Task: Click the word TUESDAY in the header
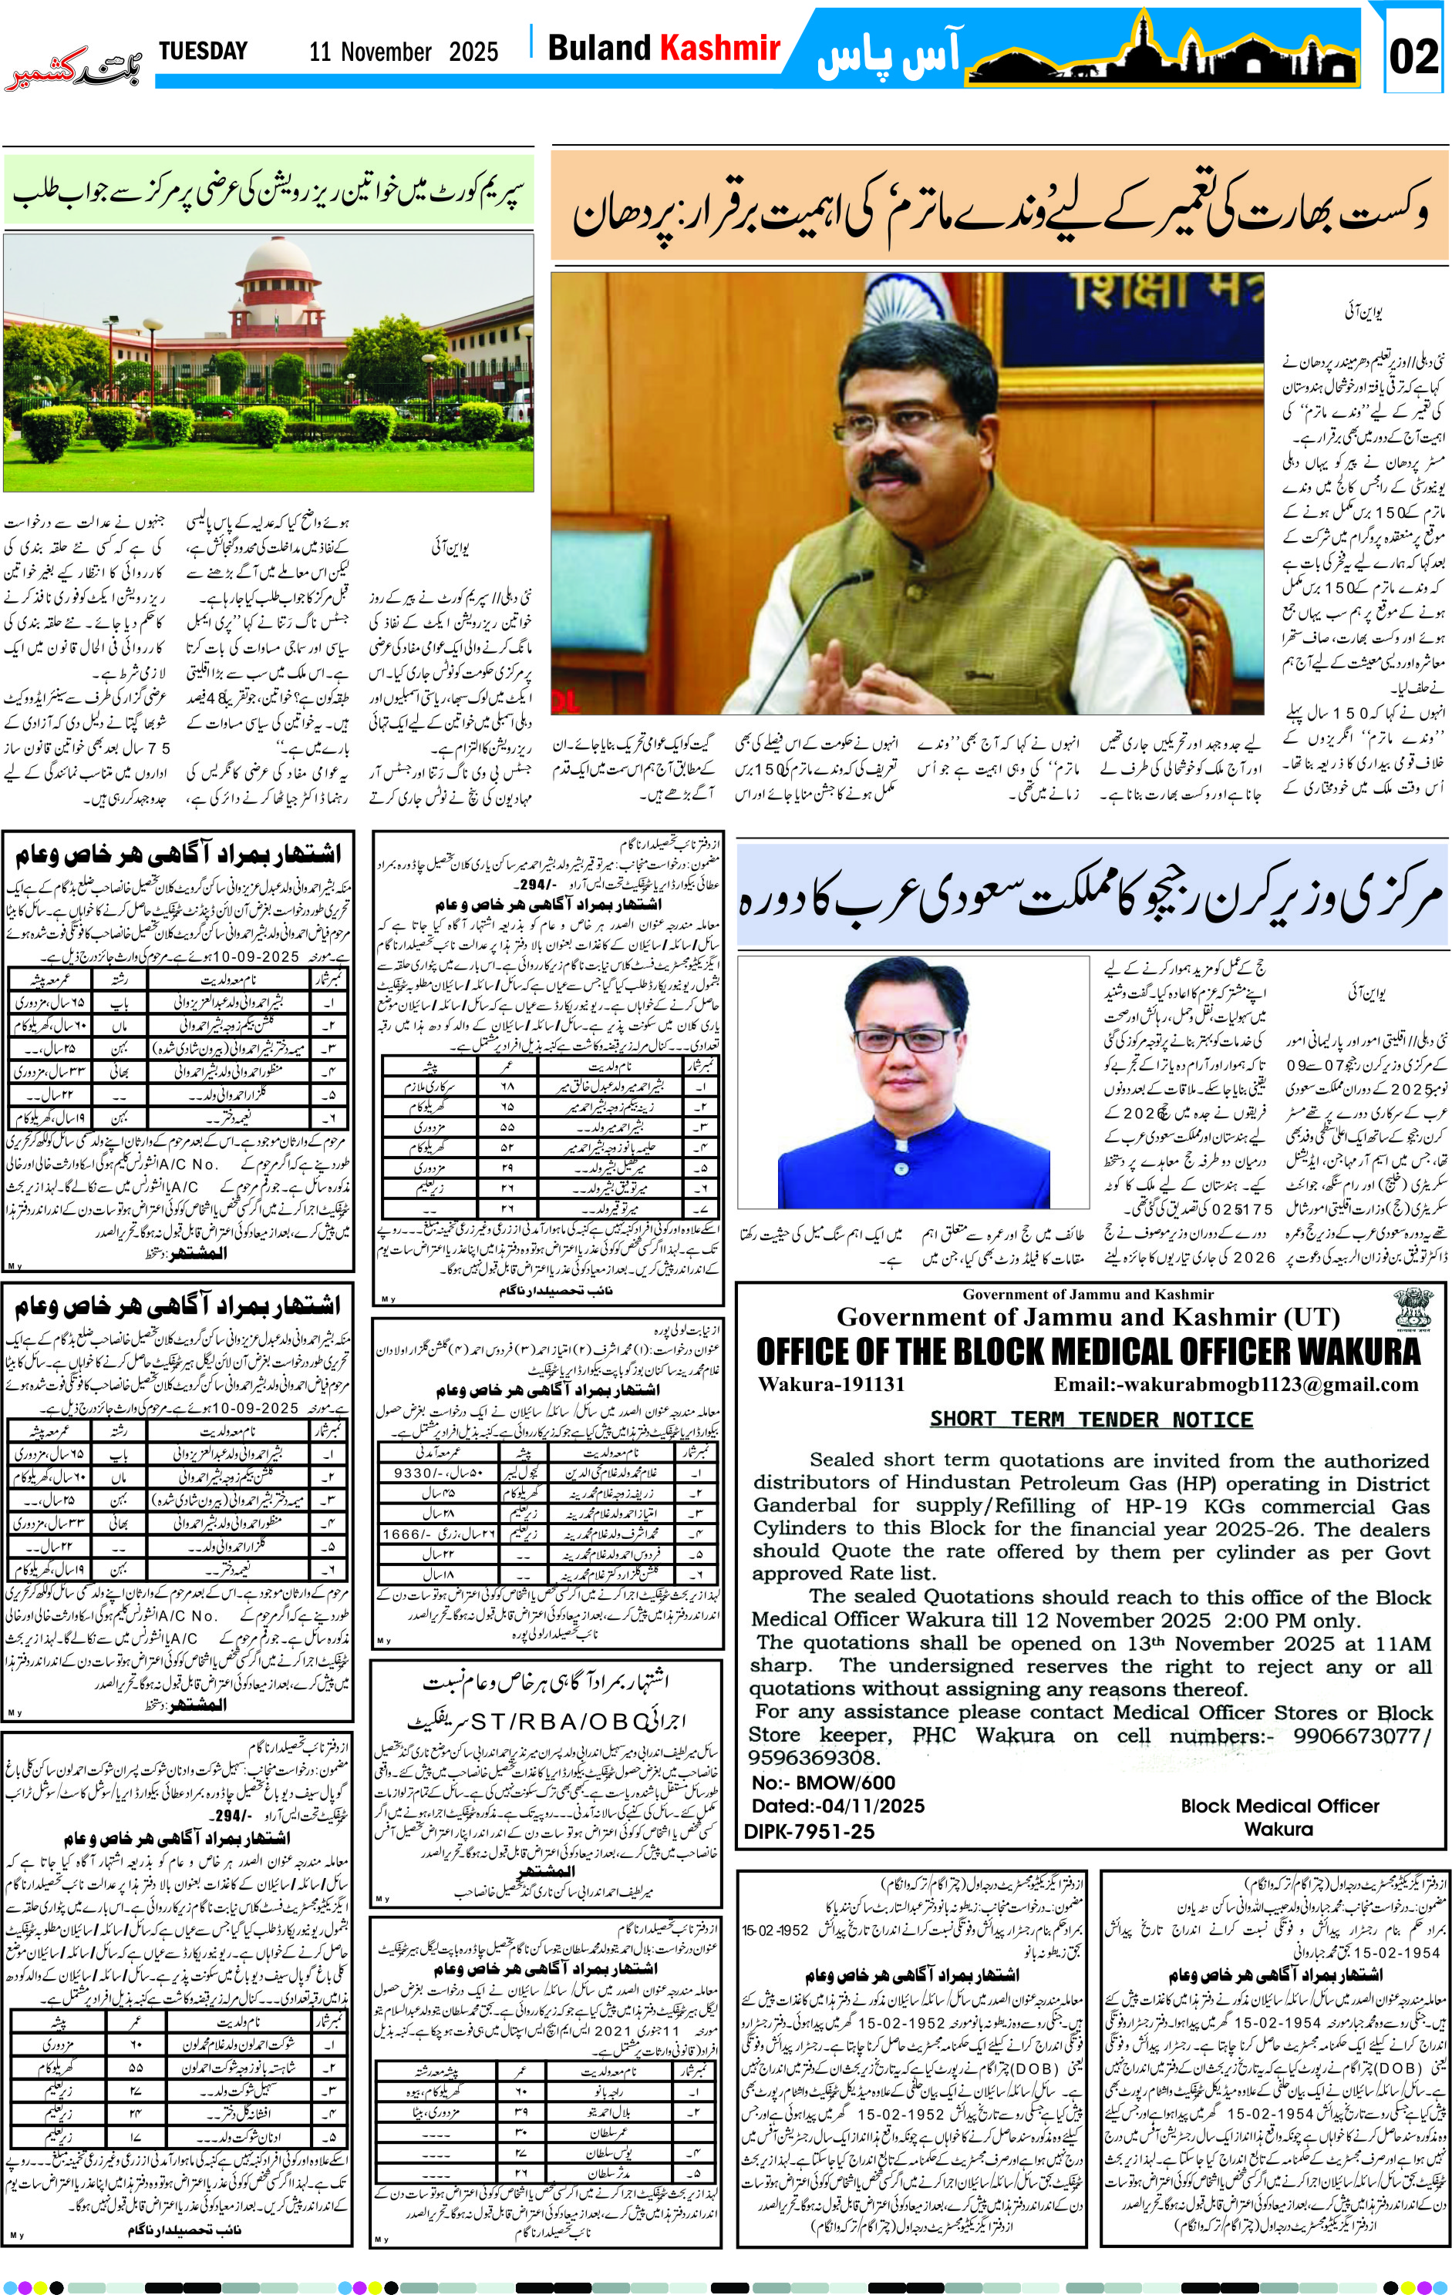(x=202, y=51)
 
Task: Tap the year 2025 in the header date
(x=473, y=52)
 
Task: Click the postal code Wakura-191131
(x=831, y=1385)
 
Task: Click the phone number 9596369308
(x=811, y=1757)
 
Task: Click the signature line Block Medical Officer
(x=1279, y=1806)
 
